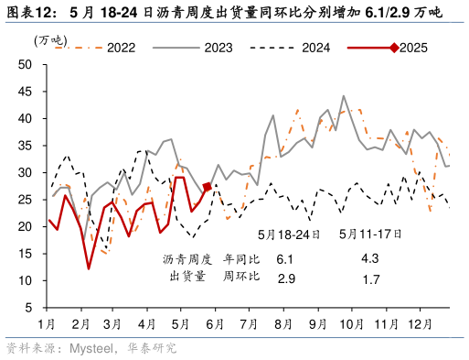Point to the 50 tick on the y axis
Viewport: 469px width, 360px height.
[x=26, y=64]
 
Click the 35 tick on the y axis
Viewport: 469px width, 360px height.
[x=26, y=146]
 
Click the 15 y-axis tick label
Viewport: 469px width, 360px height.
[x=26, y=254]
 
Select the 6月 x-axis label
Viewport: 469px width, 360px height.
[x=215, y=324]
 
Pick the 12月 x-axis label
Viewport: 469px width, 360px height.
[x=421, y=324]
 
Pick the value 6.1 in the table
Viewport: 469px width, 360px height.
[x=284, y=259]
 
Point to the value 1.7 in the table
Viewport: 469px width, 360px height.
[x=370, y=277]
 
